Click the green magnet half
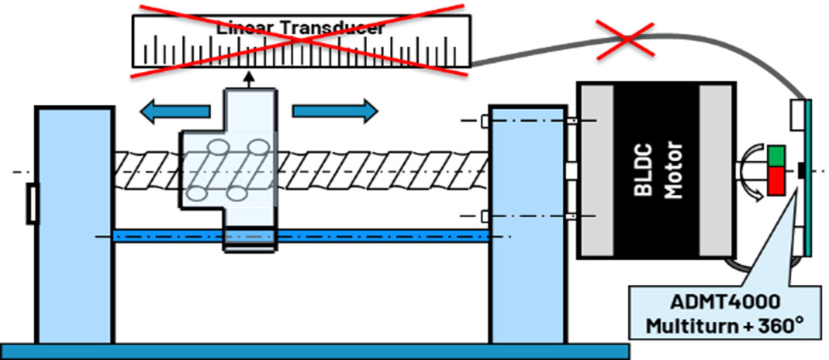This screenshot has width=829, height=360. (x=777, y=156)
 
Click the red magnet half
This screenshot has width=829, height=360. (x=777, y=179)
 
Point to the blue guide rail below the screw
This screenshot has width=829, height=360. (x=363, y=236)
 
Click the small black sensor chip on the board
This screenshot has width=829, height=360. (x=802, y=170)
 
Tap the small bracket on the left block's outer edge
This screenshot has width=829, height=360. (x=31, y=203)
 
